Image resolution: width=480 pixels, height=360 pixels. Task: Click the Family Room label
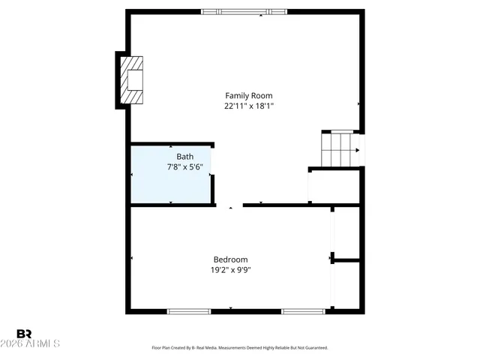[x=248, y=95]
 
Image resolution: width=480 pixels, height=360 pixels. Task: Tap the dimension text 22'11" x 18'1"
[x=248, y=106]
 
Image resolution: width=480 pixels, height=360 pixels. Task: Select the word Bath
[x=184, y=157]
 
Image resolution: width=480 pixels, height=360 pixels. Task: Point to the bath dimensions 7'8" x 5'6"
[x=184, y=167]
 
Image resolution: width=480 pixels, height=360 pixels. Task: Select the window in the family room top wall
[x=244, y=11]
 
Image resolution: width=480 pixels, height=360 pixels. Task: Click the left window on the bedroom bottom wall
[x=188, y=310]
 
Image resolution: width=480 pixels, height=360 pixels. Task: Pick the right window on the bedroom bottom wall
[x=303, y=310]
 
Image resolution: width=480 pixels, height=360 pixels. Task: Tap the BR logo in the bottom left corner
[x=24, y=333]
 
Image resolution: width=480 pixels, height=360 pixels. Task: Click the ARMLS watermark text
[x=37, y=343]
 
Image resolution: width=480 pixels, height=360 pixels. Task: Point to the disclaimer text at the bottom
[x=240, y=348]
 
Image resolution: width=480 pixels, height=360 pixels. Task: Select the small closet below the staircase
[x=334, y=185]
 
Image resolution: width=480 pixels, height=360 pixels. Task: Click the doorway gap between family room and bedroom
[x=229, y=204]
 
